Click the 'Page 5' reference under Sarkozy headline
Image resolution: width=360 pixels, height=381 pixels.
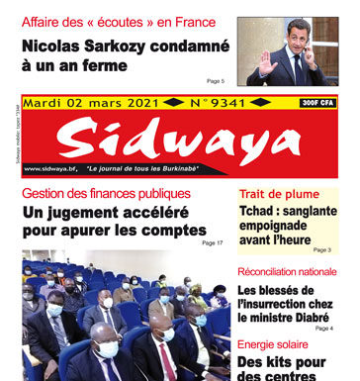215,81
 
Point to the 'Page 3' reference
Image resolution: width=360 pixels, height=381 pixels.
322,250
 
